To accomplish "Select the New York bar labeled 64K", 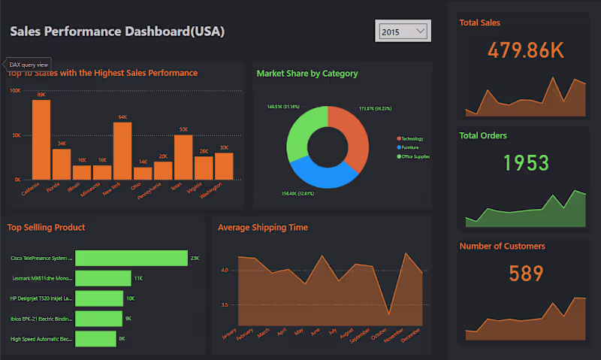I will [122, 150].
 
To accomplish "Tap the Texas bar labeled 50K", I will [183, 157].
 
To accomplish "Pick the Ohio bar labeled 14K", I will [143, 173].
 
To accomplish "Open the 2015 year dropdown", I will [403, 32].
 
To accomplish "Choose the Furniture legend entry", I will [411, 147].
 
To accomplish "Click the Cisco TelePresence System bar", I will [131, 258].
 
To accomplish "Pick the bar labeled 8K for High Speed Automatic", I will [95, 339].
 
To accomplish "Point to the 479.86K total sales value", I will [525, 50].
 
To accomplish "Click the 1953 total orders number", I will [526, 162].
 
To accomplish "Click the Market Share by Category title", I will [307, 74].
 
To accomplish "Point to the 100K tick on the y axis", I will [15, 91].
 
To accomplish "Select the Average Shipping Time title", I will [262, 228].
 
